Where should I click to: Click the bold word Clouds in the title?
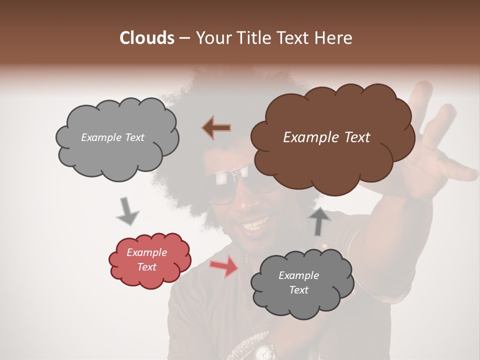pos(147,38)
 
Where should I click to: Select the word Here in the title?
pos(335,38)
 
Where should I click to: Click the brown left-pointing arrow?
pos(216,128)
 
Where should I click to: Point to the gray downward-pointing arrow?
pos(127,211)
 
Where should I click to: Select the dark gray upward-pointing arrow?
pos(319,221)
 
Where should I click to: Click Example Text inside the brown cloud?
pos(326,137)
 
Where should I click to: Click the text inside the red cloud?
pos(147,259)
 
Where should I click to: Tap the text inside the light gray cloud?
pos(112,137)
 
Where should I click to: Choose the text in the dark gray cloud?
pos(298,282)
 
